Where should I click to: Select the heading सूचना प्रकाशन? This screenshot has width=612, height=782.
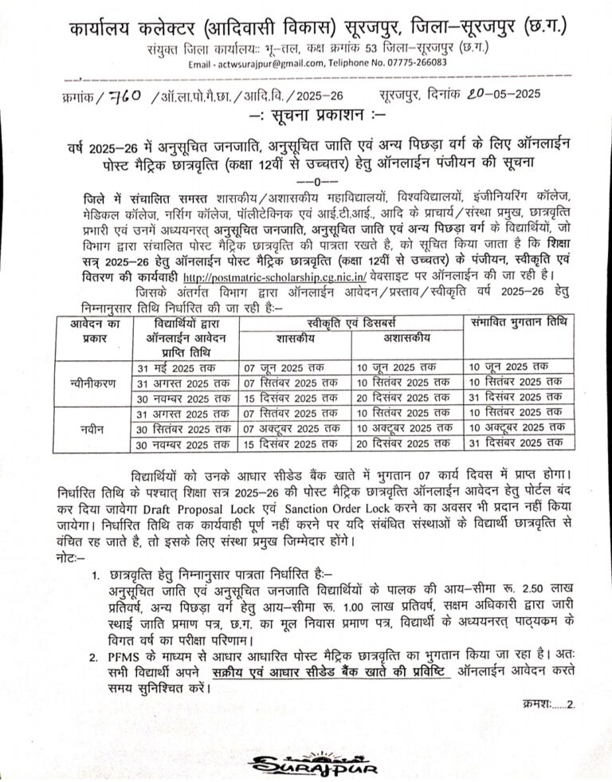point(305,114)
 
